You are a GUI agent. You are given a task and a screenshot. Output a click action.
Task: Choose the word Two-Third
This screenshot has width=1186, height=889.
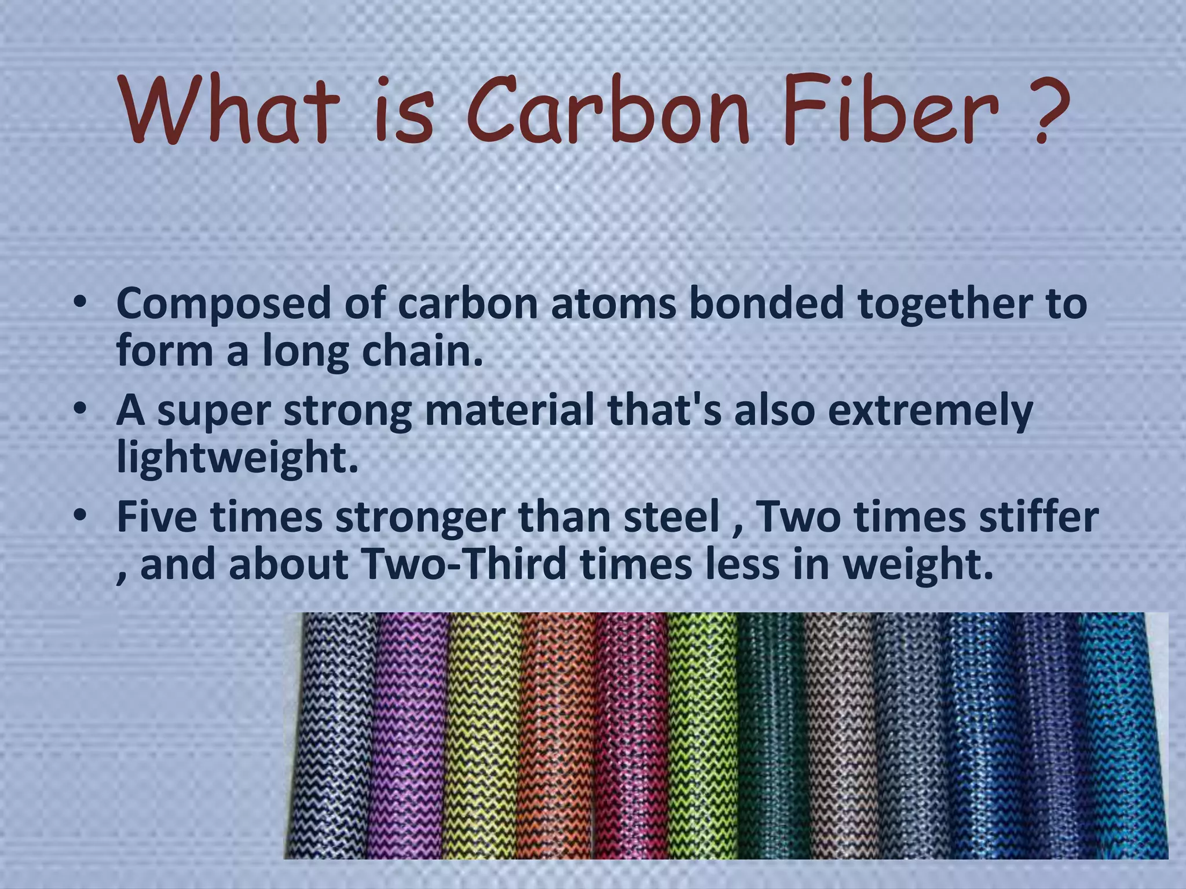[463, 564]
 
